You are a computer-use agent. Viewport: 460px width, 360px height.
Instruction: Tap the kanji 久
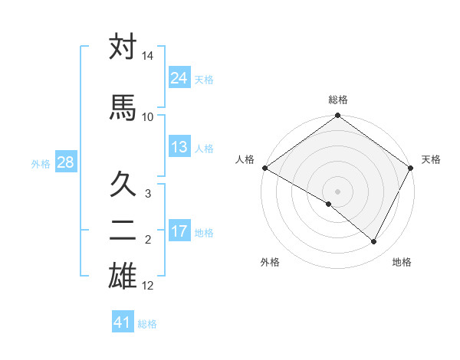click(x=123, y=185)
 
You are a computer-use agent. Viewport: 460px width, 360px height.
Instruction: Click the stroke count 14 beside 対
click(x=148, y=57)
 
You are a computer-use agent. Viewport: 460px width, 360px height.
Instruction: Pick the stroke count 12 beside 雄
click(x=148, y=286)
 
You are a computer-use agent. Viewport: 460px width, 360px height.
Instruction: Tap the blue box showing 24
click(x=179, y=78)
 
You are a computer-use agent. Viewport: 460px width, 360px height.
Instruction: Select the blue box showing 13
click(x=179, y=147)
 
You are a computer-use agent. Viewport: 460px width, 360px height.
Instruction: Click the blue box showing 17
click(x=179, y=231)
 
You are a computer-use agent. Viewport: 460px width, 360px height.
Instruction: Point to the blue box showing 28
click(x=64, y=162)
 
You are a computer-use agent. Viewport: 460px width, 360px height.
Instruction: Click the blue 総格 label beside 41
click(x=147, y=324)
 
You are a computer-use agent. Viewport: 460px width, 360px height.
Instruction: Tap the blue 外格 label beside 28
click(x=41, y=163)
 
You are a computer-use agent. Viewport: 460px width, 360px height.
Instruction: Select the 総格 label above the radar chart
click(x=337, y=100)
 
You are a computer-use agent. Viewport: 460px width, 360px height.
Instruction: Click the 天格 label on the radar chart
click(x=431, y=159)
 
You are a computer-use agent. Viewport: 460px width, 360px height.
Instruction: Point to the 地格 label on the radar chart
click(x=402, y=262)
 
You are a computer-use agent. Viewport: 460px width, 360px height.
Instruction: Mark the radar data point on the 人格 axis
click(x=264, y=168)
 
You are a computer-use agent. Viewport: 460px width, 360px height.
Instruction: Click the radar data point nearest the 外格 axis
click(x=329, y=204)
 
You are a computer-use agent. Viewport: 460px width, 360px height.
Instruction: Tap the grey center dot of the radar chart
click(x=337, y=191)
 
